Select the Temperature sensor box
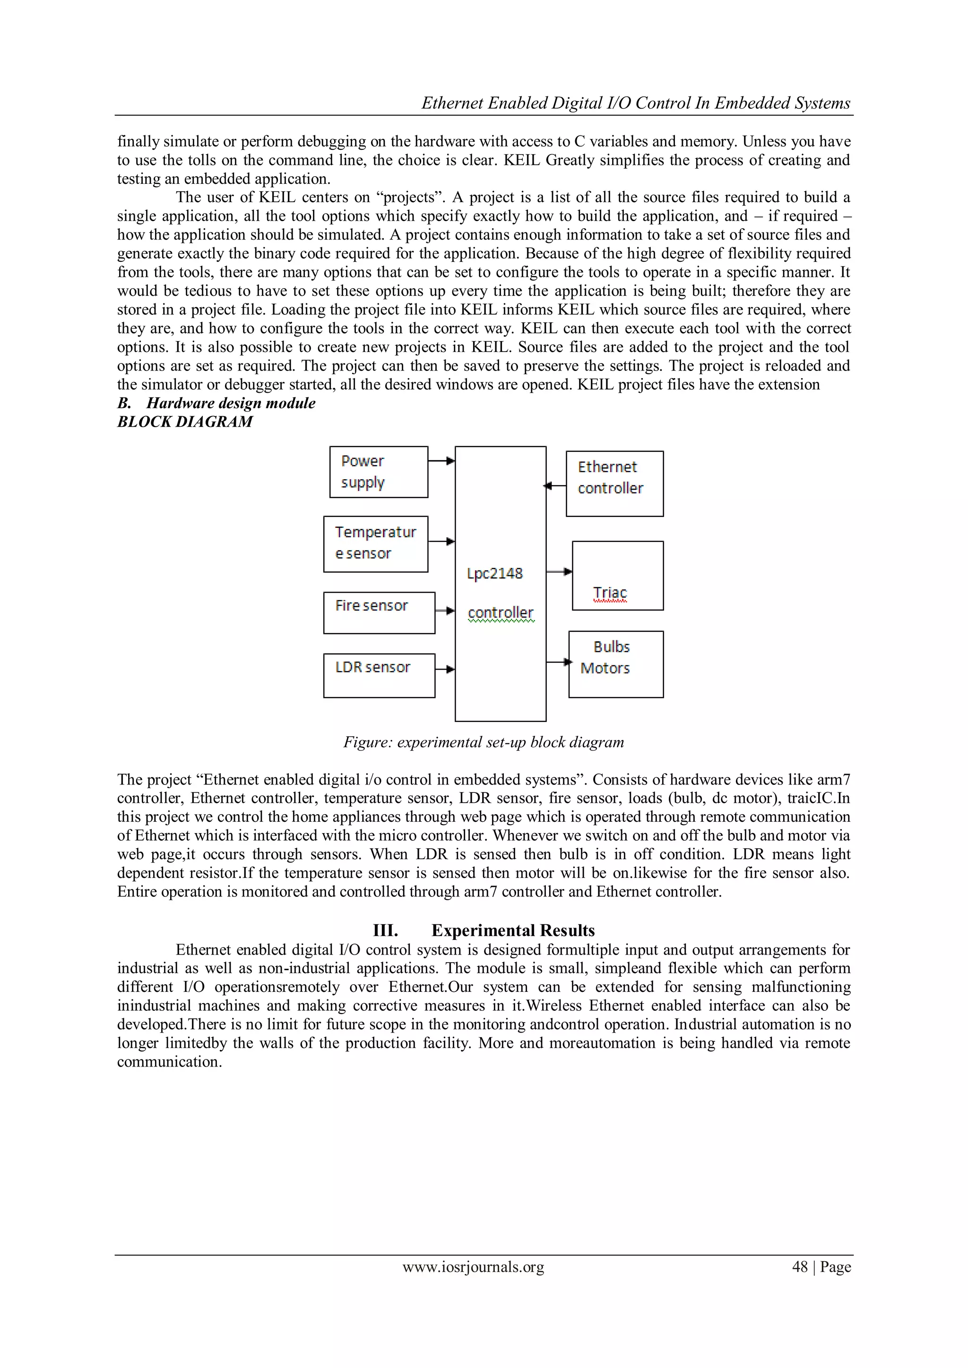click(x=375, y=543)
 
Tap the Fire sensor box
click(x=379, y=612)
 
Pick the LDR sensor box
click(x=379, y=675)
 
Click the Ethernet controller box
click(x=614, y=483)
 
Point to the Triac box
click(x=617, y=576)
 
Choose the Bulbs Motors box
click(x=616, y=664)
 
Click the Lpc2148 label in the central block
click(x=495, y=573)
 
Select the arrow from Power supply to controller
click(x=441, y=461)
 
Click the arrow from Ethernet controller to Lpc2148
click(x=555, y=486)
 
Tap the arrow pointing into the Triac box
click(x=559, y=572)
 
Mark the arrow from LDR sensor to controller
click(x=445, y=669)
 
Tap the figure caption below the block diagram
click(x=484, y=742)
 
